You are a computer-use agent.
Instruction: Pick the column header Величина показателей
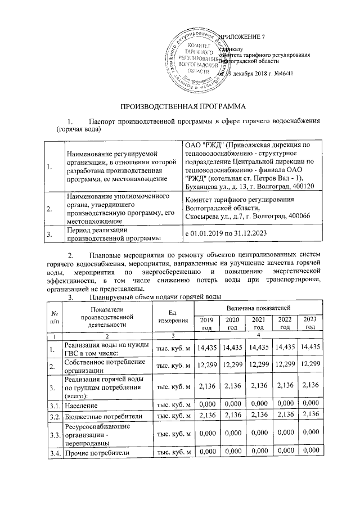[258, 308]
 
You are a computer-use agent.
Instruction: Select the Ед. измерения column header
[173, 316]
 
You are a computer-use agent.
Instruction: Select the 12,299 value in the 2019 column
[206, 366]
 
